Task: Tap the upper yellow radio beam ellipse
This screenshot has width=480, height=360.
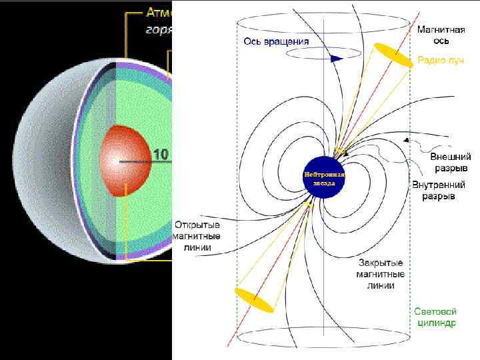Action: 393,55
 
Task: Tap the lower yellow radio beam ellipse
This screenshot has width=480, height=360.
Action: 254,299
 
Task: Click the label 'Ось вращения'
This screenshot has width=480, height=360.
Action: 276,41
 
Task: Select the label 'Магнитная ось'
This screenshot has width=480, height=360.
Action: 437,35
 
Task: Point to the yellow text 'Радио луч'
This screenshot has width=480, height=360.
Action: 437,61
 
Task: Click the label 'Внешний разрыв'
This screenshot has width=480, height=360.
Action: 451,162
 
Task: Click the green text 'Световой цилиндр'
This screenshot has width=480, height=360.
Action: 435,317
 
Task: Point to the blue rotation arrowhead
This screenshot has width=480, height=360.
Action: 336,58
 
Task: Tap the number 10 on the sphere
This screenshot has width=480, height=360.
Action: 161,155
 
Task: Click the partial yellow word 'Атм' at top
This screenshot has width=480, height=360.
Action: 159,13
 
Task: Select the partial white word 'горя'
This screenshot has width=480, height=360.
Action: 159,29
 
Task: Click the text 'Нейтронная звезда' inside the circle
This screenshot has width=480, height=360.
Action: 324,178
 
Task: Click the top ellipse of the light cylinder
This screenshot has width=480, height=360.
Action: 323,23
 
